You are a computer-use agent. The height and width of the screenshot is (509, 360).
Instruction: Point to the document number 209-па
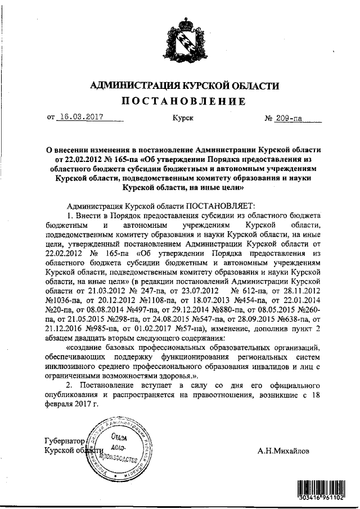click(290, 119)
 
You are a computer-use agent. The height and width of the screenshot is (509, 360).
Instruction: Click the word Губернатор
click(63, 442)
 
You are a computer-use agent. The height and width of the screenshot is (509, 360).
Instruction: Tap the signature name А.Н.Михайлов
click(283, 451)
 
